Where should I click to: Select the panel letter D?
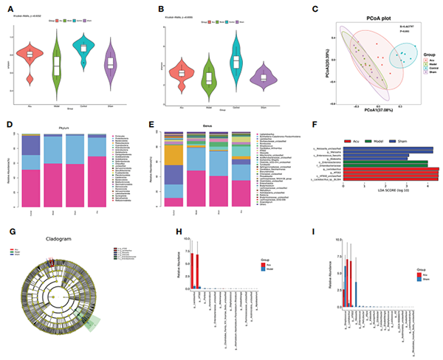point(10,127)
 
